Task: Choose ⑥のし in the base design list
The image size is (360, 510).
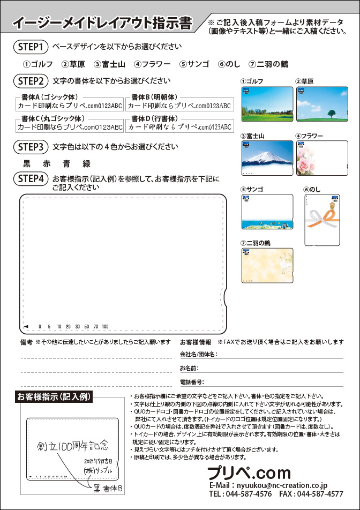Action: [x=229, y=64]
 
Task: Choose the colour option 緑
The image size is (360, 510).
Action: [x=87, y=164]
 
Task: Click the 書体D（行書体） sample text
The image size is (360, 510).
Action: [x=179, y=127]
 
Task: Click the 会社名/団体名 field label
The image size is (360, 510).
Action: [x=198, y=355]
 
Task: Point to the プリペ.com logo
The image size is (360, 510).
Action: [x=249, y=472]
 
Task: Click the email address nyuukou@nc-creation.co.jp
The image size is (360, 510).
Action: [x=276, y=484]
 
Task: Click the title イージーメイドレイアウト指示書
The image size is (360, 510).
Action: [x=102, y=23]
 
